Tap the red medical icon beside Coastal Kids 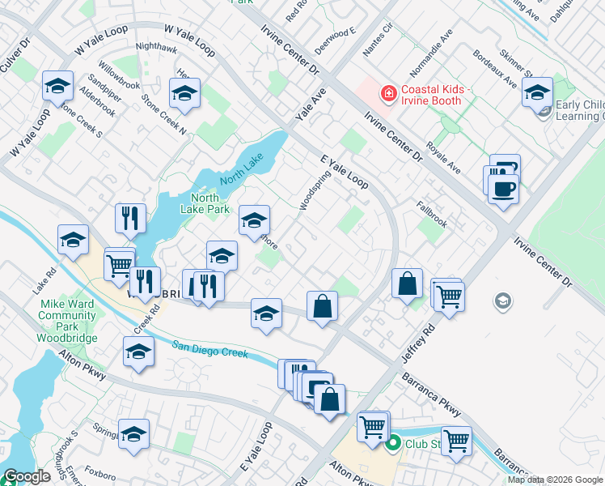389,94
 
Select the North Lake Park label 205,203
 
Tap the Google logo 26,476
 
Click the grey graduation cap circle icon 503,301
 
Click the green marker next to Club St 393,443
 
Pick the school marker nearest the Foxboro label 134,434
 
